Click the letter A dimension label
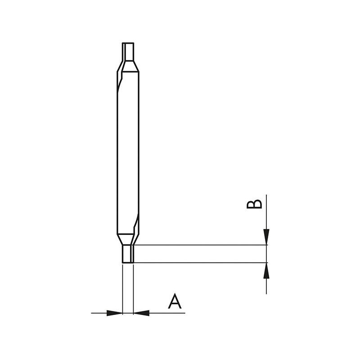click(x=175, y=301)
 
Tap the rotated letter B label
click(x=254, y=204)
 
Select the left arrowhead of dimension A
click(x=115, y=313)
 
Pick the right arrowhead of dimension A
click(x=141, y=313)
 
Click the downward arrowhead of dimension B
click(x=266, y=237)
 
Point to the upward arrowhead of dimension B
click(x=266, y=270)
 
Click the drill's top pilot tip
click(x=128, y=52)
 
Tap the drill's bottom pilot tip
click(x=128, y=254)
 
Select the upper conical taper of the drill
click(x=128, y=67)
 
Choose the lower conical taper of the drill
click(x=128, y=240)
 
